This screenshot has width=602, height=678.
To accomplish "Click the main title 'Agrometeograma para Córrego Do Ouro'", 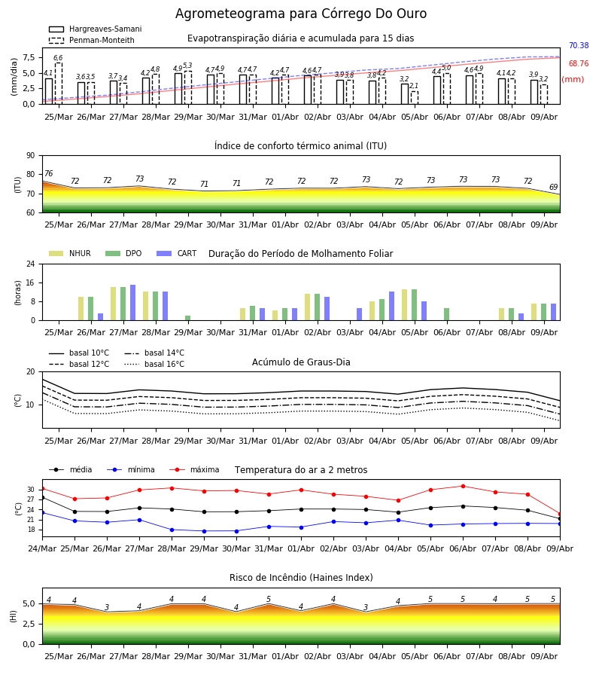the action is (x=301, y=14).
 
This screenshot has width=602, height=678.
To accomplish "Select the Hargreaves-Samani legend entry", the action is (x=96, y=29).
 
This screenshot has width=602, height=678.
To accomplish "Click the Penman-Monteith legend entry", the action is (x=92, y=40).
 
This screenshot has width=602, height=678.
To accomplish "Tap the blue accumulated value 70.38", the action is (x=579, y=45).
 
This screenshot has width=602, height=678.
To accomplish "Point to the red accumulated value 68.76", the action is (x=579, y=63).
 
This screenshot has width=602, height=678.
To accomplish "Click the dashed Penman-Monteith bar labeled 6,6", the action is (x=59, y=84).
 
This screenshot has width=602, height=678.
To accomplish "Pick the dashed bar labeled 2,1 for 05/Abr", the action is (x=415, y=98).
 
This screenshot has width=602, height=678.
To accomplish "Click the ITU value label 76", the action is (x=49, y=173).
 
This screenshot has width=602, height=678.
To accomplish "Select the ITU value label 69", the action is (x=553, y=187).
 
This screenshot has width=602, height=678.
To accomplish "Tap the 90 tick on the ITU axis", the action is (x=31, y=156).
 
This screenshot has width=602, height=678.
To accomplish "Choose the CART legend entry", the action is (x=177, y=253).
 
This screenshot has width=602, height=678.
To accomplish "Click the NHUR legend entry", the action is (x=70, y=253).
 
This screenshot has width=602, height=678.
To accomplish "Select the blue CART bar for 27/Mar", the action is (x=133, y=303).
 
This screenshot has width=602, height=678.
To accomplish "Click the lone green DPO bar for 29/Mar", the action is (x=188, y=318).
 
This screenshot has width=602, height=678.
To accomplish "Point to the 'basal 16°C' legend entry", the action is (x=154, y=364).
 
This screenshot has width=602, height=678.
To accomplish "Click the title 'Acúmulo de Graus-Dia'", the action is (x=301, y=362).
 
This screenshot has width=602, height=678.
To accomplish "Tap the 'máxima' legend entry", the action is (x=195, y=469).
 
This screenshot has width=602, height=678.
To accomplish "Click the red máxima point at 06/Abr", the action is (x=463, y=486).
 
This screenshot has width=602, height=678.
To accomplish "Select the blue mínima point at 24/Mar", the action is (x=42, y=513).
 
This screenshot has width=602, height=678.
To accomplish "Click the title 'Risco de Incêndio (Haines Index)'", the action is (x=301, y=578).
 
